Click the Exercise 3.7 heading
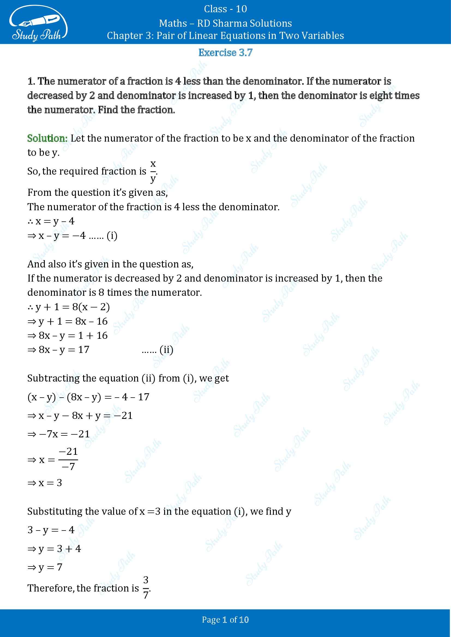225,53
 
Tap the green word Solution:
47,138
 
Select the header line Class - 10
225,9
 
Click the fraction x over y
153,171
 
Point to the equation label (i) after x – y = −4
112,236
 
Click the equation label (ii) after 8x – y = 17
166,350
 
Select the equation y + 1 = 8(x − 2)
69,307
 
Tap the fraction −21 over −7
68,459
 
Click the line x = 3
45,483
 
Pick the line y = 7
45,567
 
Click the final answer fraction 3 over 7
146,588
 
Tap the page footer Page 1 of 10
225,620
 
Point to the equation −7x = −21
59,434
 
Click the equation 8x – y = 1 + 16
67,336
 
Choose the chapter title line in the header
225,35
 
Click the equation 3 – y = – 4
51,530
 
